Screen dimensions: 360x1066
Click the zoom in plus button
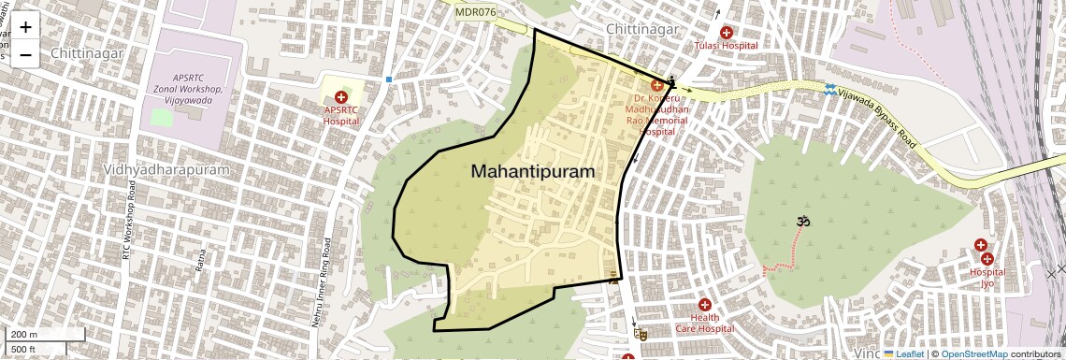click(x=25, y=27)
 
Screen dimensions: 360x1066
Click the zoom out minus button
click(x=25, y=54)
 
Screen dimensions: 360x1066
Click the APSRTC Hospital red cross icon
click(x=340, y=97)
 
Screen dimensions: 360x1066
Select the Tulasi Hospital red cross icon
click(x=726, y=33)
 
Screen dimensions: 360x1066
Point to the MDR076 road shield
click(x=476, y=12)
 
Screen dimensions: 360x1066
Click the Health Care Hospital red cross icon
click(x=704, y=305)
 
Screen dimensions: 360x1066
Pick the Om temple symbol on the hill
click(x=801, y=222)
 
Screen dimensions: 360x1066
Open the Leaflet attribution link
click(x=903, y=353)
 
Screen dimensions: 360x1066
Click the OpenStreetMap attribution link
click(x=973, y=353)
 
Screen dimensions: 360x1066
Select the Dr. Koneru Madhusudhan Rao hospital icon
click(x=656, y=86)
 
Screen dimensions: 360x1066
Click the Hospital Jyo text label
click(x=987, y=278)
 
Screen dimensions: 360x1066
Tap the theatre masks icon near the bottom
click(x=640, y=333)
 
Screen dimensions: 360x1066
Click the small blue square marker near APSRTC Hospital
click(x=388, y=79)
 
